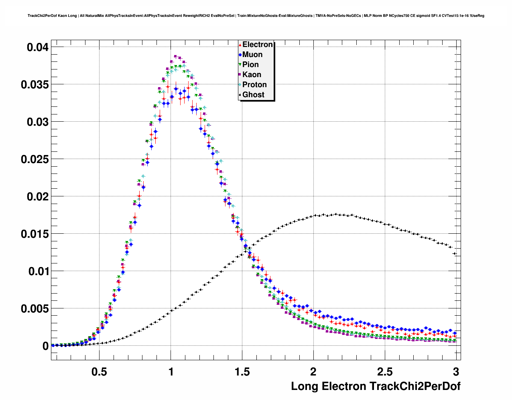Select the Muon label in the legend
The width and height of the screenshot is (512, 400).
[252, 55]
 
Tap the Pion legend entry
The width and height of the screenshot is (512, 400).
[250, 65]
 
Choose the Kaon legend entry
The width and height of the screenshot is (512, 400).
[252, 75]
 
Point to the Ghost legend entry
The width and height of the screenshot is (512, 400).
[253, 95]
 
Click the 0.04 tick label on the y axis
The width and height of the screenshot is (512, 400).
[38, 47]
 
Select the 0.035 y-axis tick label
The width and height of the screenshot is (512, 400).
[35, 85]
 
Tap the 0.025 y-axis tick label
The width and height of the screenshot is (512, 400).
[35, 159]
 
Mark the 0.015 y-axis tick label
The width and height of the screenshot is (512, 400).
[35, 234]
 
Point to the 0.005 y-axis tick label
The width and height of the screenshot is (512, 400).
[35, 309]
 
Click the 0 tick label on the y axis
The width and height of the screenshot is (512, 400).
[45, 346]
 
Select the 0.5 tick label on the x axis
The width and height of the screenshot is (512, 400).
[100, 371]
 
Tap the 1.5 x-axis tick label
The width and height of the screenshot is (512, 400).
[242, 371]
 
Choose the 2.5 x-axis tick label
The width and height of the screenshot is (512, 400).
[385, 371]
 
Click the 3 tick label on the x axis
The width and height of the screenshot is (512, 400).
[456, 371]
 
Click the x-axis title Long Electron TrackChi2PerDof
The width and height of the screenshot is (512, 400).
[376, 386]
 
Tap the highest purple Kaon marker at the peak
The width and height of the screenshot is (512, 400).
[175, 57]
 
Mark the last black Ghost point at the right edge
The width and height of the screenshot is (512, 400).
[455, 254]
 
